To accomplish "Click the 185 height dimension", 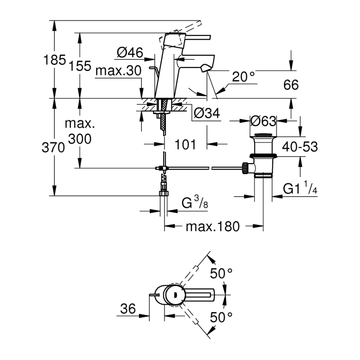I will (x=55, y=61).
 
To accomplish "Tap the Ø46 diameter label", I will (x=130, y=53).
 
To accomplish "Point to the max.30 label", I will (x=118, y=71).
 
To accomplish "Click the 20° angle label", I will (x=243, y=77).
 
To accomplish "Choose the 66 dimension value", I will (x=291, y=85).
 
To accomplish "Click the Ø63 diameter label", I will (x=263, y=121).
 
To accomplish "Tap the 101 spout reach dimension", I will (x=185, y=144).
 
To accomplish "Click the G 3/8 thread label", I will (x=195, y=203).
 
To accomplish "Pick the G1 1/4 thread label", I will (x=299, y=189).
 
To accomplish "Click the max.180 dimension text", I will (x=212, y=226).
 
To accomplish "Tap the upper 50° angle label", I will (x=221, y=273).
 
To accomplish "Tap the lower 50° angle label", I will (x=221, y=318).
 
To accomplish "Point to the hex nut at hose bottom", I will (x=163, y=193).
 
